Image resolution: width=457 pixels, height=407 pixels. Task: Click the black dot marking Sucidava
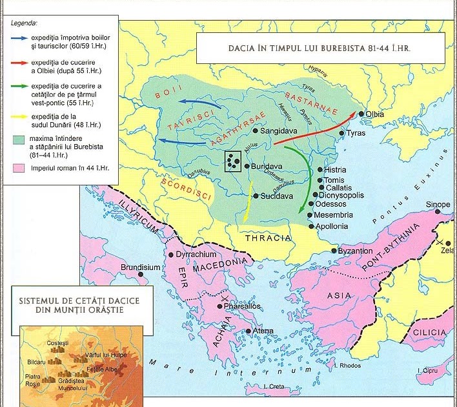coord(256,196)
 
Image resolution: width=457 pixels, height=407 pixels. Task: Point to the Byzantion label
coord(356,251)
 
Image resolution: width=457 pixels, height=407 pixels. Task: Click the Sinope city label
coord(438,205)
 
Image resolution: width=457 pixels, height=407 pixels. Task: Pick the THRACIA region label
coord(268,238)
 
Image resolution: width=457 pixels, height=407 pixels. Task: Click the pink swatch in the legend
coord(18,168)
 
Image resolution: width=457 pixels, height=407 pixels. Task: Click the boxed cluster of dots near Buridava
coord(234,162)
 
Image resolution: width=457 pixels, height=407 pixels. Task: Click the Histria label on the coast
coord(335,170)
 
